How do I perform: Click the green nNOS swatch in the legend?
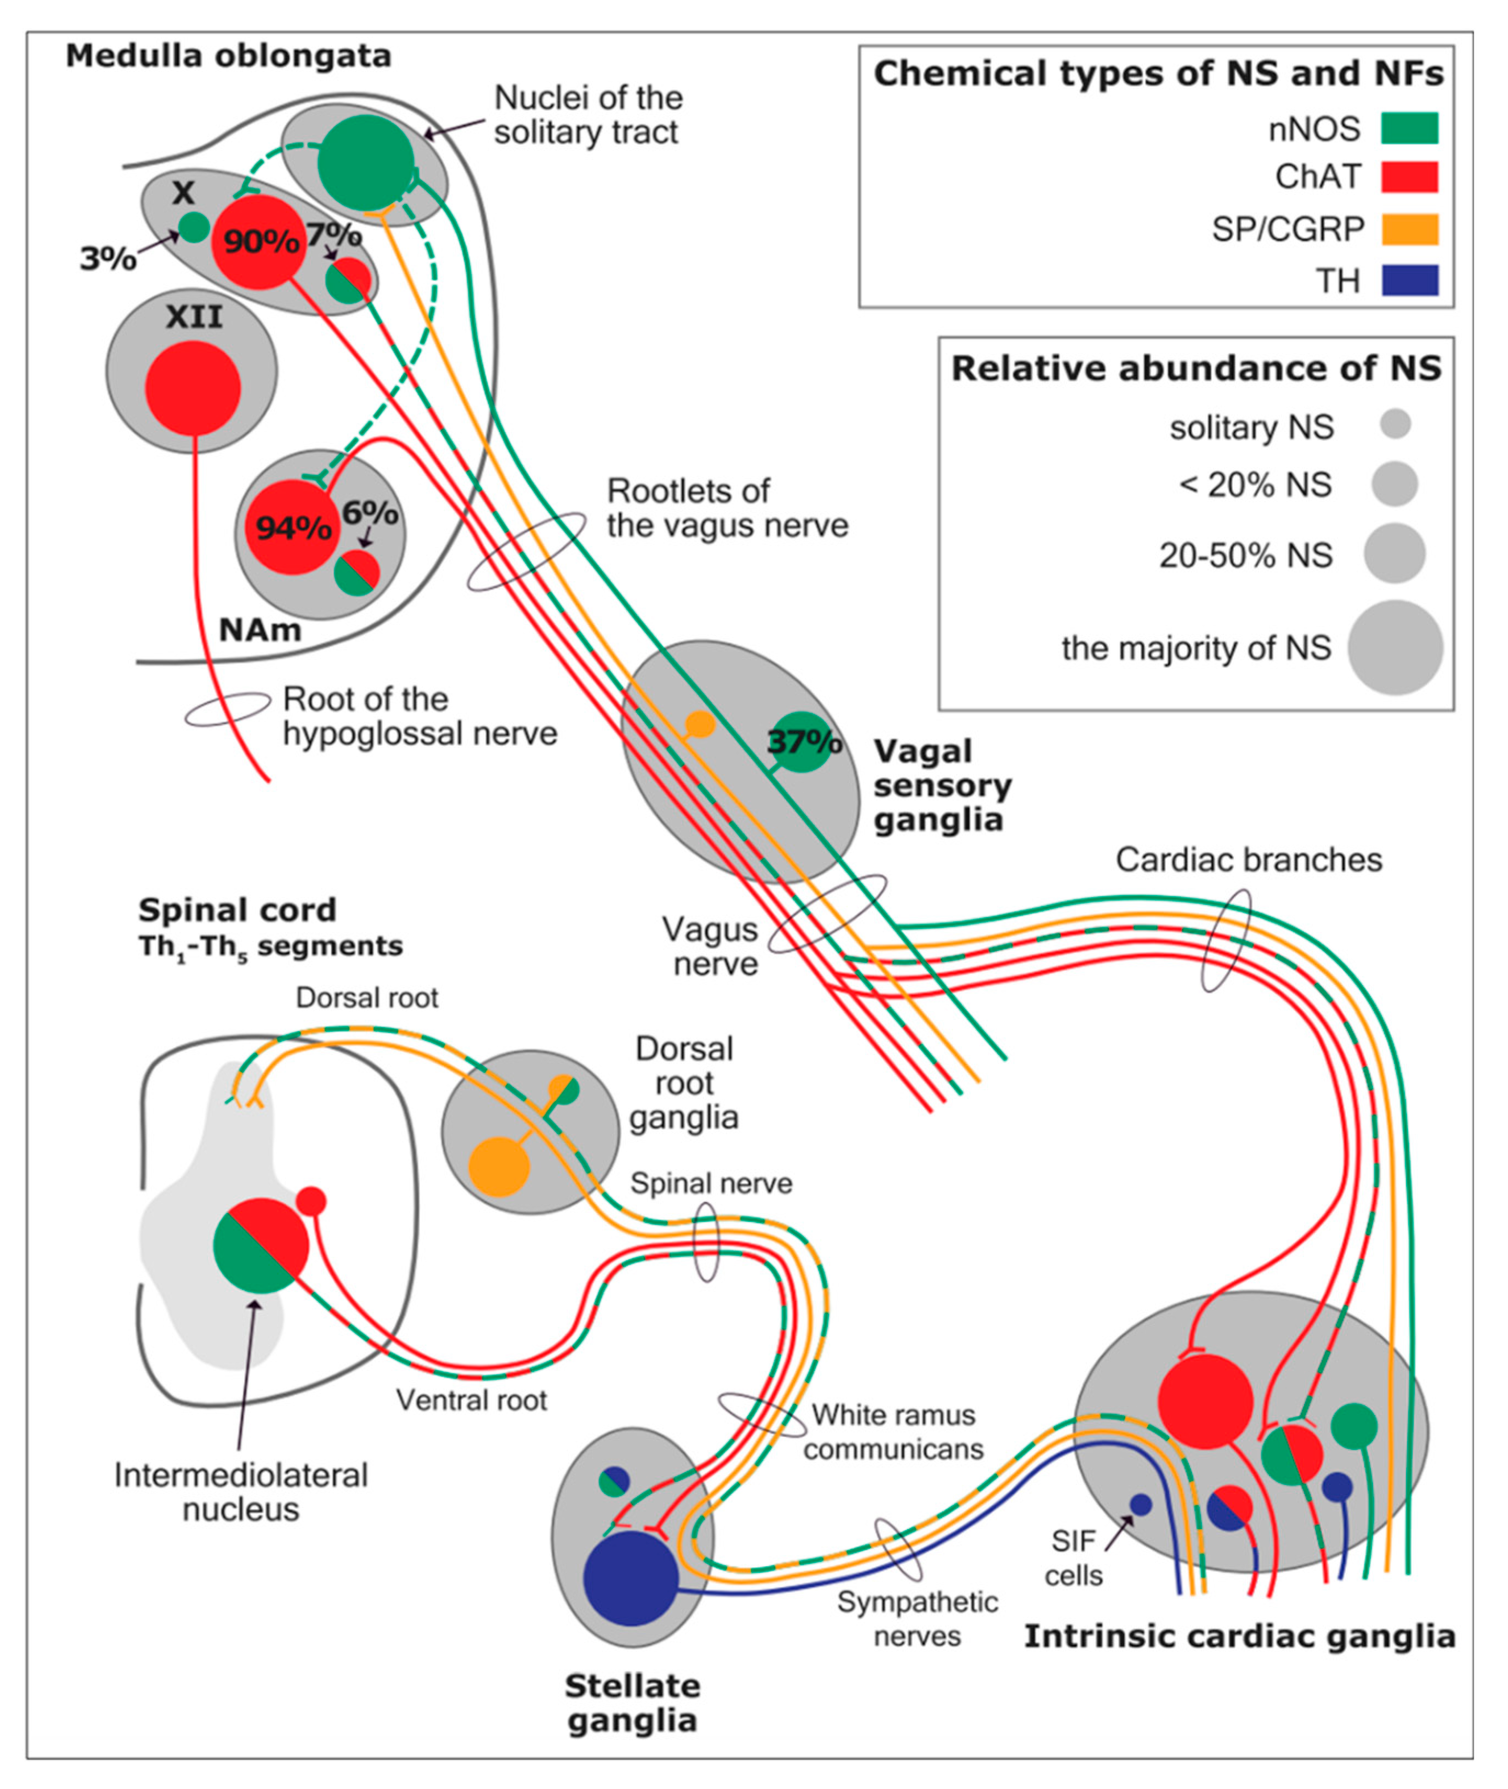point(1410,128)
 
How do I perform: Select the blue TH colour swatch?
point(1410,280)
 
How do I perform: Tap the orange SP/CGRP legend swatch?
point(1410,229)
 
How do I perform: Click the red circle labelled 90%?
point(259,242)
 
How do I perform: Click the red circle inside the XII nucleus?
point(193,388)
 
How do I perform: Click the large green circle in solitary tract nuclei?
point(366,162)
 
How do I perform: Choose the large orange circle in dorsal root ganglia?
point(499,1166)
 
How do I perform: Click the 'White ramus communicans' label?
point(893,1432)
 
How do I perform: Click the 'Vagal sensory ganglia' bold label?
point(942,785)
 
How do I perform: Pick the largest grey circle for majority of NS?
point(1395,647)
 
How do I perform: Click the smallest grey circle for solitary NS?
point(1395,424)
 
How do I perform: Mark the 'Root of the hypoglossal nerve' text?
point(419,716)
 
